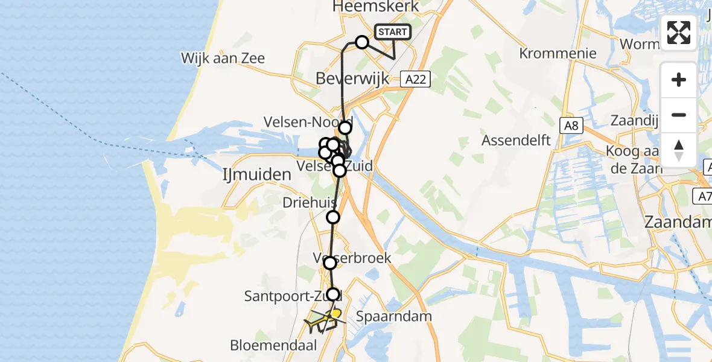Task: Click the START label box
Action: [393, 32]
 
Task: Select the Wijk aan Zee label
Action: [223, 59]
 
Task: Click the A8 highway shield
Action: [571, 125]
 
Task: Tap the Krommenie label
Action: [558, 53]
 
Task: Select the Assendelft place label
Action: [517, 141]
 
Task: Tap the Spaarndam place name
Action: [385, 316]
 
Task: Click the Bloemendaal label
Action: [265, 346]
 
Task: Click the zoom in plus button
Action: [679, 80]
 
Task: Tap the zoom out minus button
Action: [679, 115]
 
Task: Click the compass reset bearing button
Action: [679, 150]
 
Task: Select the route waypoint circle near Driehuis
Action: [333, 217]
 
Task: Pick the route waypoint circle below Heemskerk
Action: [362, 42]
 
